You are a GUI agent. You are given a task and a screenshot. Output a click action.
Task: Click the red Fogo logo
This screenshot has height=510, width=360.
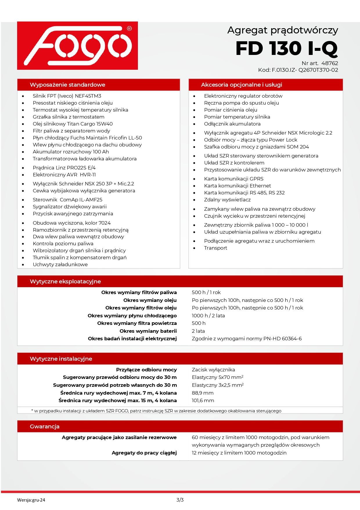point(78,46)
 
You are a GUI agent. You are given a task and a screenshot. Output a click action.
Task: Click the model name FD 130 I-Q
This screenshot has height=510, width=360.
point(287,48)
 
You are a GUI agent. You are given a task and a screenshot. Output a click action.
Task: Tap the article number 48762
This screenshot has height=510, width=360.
point(330,63)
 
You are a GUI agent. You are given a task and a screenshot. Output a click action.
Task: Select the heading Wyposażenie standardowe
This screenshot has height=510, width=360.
point(67,85)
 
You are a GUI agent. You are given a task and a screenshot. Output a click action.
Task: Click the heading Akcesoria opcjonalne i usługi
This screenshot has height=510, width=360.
point(242,85)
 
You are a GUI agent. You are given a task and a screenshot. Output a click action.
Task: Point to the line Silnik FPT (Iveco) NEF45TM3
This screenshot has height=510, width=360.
point(67,96)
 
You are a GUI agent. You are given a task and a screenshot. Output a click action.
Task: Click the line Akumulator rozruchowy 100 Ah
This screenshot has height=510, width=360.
point(71,152)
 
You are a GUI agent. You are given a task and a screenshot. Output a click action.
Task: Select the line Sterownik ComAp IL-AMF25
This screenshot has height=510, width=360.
point(67,200)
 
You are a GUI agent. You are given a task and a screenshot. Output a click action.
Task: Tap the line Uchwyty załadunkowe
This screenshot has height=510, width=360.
point(60,264)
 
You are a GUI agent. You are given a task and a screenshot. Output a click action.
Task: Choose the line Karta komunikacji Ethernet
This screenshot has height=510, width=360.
point(237,186)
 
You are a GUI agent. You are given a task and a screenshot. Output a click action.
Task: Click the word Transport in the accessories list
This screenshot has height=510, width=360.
point(215,248)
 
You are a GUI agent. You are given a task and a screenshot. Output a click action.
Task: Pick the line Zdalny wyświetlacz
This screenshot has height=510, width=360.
point(227,200)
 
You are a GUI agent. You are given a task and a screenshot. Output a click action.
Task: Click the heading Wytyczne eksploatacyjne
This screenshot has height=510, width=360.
point(65,282)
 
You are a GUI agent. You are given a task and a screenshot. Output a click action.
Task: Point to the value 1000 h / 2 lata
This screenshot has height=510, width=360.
point(208,316)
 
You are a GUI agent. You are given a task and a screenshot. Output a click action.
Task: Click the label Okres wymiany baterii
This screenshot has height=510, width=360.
point(148,331)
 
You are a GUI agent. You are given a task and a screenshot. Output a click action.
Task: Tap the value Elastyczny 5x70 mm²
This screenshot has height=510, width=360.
point(217,377)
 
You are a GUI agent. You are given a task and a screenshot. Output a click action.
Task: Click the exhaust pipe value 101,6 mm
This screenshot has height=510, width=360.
point(203,400)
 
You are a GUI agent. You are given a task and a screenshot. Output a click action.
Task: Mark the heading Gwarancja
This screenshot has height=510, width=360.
point(45,427)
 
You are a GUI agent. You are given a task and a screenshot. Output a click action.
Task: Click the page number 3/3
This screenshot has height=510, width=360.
point(180,500)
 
